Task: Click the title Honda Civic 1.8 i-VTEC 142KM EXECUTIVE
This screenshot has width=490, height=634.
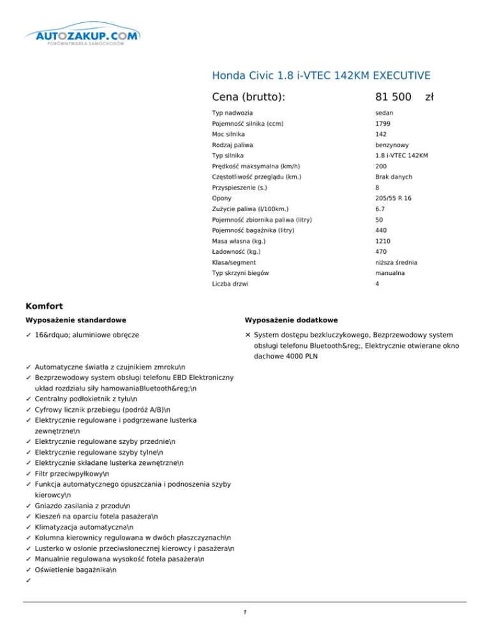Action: pyautogui.click(x=320, y=75)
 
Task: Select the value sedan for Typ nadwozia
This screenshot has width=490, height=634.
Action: pyautogui.click(x=366, y=113)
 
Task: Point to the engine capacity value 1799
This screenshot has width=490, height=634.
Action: pyautogui.click(x=364, y=124)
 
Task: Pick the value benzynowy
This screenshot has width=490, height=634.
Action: pyautogui.click(x=375, y=145)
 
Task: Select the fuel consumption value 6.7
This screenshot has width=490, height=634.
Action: pyautogui.click(x=362, y=209)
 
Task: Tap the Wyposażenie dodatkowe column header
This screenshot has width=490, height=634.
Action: pyautogui.click(x=291, y=320)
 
